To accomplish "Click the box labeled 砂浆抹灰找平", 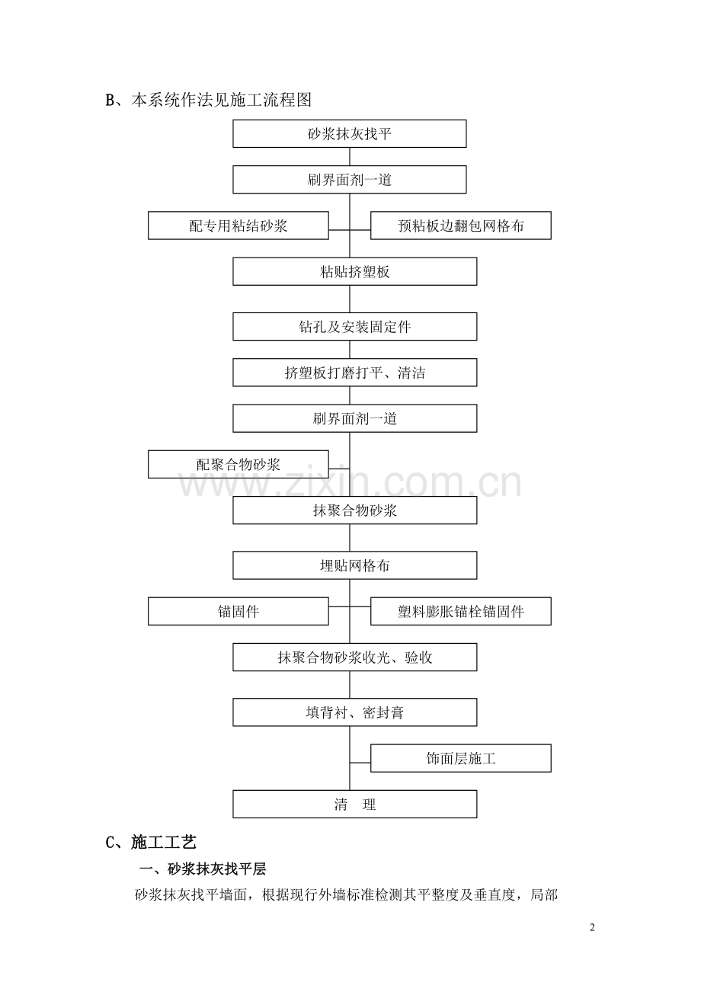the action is [350, 133].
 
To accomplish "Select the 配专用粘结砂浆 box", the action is [238, 226].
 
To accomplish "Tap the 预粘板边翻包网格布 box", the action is [460, 226].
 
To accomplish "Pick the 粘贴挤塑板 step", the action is [355, 271].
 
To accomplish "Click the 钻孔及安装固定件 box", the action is [355, 326].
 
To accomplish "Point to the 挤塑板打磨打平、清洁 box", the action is [355, 373].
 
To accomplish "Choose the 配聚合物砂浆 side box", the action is [238, 464].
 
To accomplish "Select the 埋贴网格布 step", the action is [355, 565].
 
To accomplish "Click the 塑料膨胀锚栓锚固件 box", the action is [460, 611].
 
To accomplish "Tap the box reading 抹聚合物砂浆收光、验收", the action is [355, 658].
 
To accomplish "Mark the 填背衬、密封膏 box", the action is [355, 712].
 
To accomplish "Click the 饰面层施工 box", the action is [460, 758].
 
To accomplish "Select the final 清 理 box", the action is [355, 805].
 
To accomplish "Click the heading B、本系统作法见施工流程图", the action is [208, 100].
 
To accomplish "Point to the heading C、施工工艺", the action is [151, 843].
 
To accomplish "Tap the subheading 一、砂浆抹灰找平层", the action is [203, 869].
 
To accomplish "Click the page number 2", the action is [593, 928].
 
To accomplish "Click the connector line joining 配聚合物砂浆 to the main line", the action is [339, 469].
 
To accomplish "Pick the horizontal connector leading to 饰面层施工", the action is [360, 763].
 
